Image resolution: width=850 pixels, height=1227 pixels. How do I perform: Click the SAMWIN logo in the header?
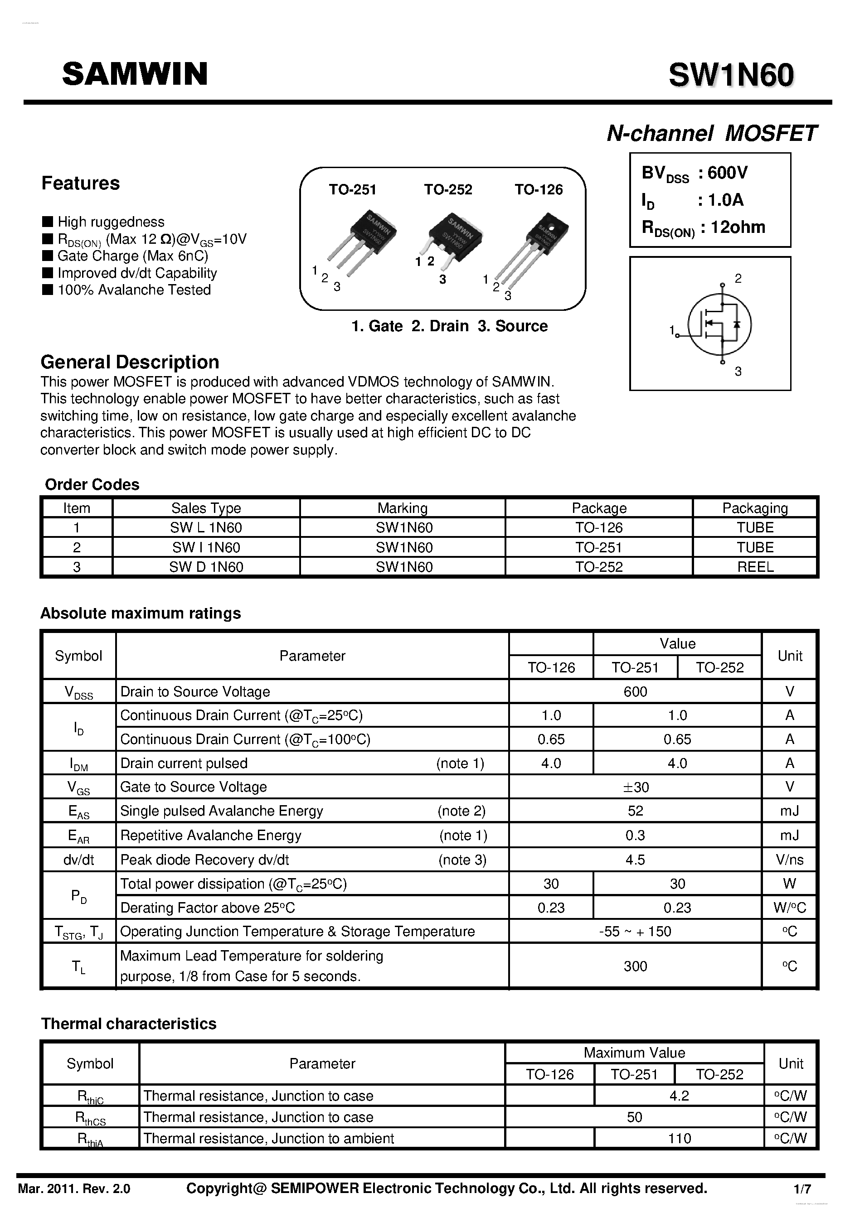[135, 74]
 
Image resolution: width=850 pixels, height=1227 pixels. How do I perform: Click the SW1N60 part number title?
[731, 75]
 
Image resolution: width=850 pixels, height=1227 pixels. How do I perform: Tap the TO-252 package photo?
[455, 237]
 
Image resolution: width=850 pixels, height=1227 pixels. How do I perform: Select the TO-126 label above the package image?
[539, 189]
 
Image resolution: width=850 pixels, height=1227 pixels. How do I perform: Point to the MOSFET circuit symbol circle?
[719, 324]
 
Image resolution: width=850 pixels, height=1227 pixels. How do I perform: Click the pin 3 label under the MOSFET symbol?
[738, 372]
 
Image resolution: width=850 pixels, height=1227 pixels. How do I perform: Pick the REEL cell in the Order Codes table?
[755, 567]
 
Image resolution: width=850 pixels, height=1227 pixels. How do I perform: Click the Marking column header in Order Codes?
[402, 508]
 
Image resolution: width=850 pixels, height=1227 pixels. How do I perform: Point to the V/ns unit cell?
[789, 860]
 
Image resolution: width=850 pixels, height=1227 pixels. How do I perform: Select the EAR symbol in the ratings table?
[78, 836]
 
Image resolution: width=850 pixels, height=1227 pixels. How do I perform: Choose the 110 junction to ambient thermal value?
[679, 1138]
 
